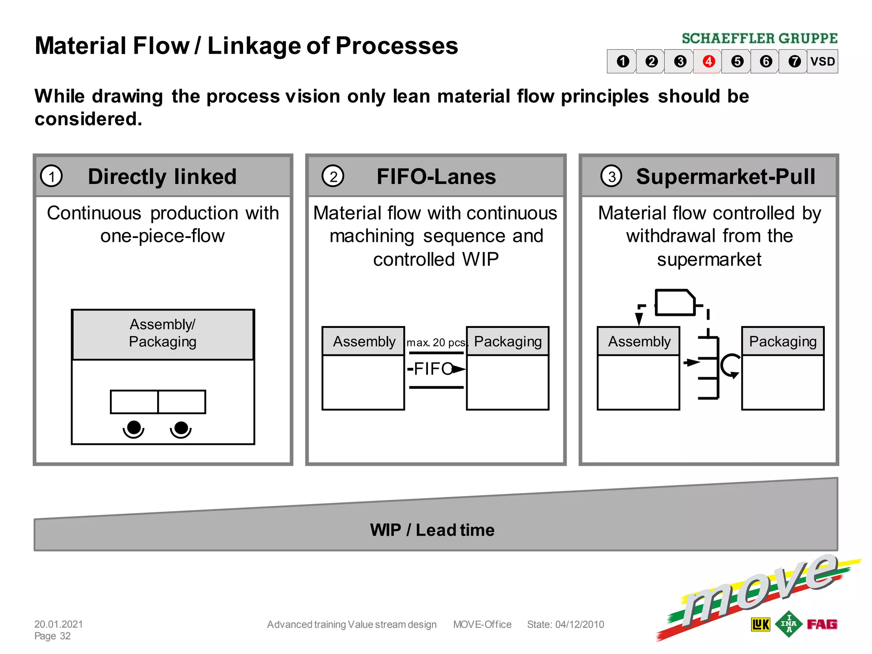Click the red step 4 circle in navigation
click(708, 61)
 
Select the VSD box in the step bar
click(822, 61)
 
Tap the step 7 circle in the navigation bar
click(794, 61)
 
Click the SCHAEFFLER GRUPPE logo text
click(760, 39)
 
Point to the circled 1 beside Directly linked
click(52, 176)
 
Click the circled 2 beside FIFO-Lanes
click(333, 176)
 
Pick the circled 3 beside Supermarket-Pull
click(611, 176)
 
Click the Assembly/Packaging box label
click(163, 333)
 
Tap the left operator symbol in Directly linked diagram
click(134, 429)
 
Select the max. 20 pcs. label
click(436, 343)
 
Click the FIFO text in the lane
click(433, 369)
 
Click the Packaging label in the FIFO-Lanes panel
click(508, 341)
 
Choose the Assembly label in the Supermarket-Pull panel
click(639, 341)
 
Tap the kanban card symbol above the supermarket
click(675, 302)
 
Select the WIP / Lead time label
click(432, 530)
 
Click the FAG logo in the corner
click(822, 624)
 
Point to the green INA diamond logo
click(789, 624)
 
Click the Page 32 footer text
click(52, 636)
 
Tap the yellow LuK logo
click(760, 625)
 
